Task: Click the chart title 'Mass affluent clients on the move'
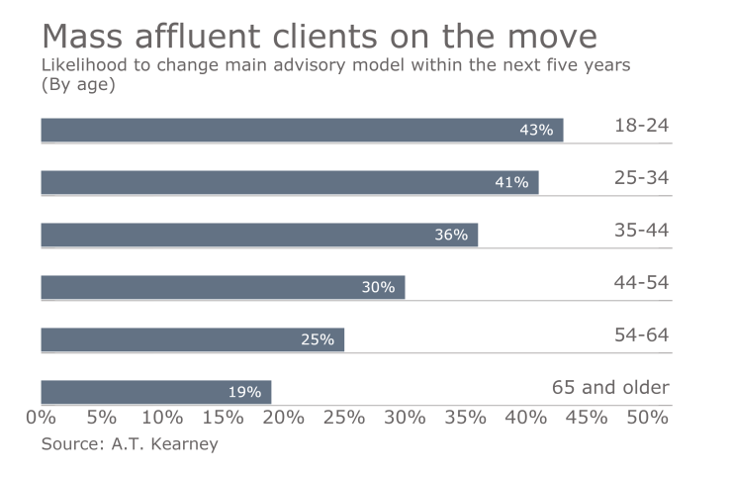[x=319, y=36]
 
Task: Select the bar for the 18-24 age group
[x=302, y=130]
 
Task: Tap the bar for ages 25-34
[x=289, y=182]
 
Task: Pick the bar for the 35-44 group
[x=259, y=235]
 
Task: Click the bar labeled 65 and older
[x=155, y=392]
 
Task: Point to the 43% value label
[x=536, y=130]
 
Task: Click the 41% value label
[x=511, y=182]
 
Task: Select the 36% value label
[x=451, y=235]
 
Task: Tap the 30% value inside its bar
[x=378, y=287]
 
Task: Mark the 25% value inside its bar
[x=318, y=339]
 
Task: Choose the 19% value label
[x=244, y=392]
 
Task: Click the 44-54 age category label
[x=641, y=283]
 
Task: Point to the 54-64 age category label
[x=641, y=335]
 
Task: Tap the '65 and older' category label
[x=610, y=388]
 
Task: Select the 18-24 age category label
[x=641, y=126]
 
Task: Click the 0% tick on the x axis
[x=42, y=418]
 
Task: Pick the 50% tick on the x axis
[x=648, y=418]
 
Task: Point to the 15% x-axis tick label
[x=224, y=418]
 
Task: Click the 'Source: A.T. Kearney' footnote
[x=130, y=444]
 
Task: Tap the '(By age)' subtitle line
[x=78, y=85]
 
